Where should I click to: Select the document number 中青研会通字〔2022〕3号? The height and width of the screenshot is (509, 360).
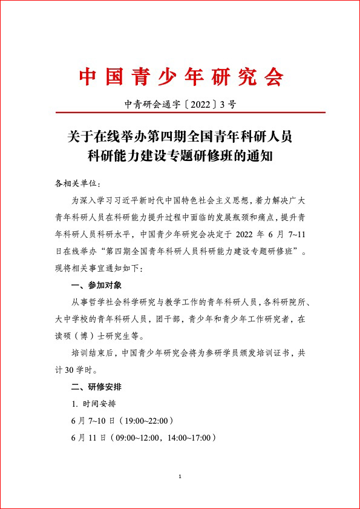[180, 104]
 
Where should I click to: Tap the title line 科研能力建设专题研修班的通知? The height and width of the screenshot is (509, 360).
[180, 155]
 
